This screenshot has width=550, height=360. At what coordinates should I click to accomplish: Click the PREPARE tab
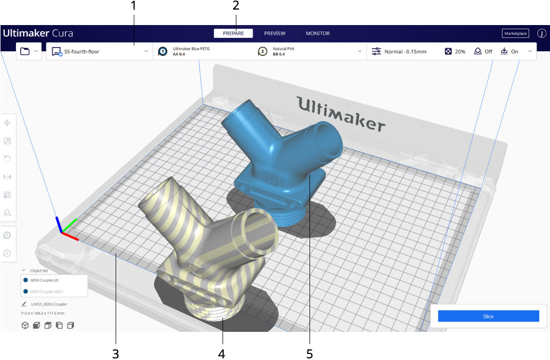[233, 33]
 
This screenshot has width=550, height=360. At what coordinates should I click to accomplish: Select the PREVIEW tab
[275, 33]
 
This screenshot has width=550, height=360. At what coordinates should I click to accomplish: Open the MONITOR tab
[318, 33]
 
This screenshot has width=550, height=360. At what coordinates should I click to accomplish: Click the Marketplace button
[515, 34]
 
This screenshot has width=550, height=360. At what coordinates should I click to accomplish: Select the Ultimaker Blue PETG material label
[191, 49]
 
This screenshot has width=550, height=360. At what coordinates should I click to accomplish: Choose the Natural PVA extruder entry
[283, 49]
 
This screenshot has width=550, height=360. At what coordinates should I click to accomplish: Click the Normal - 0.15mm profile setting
[405, 52]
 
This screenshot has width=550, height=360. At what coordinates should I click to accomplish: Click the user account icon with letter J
[541, 34]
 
